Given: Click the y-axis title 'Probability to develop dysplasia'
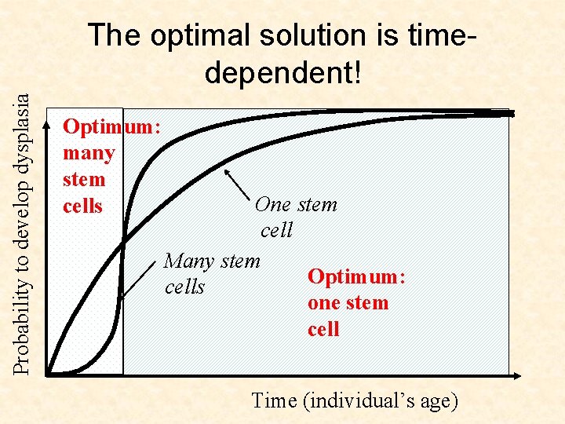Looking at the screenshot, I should point(24,228).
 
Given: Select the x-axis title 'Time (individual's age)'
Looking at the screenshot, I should point(354,400).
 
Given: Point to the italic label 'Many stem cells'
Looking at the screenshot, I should point(211,273).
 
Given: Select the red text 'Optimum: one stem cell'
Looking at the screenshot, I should point(355,302).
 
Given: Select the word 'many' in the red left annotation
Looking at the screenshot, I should point(88,153).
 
